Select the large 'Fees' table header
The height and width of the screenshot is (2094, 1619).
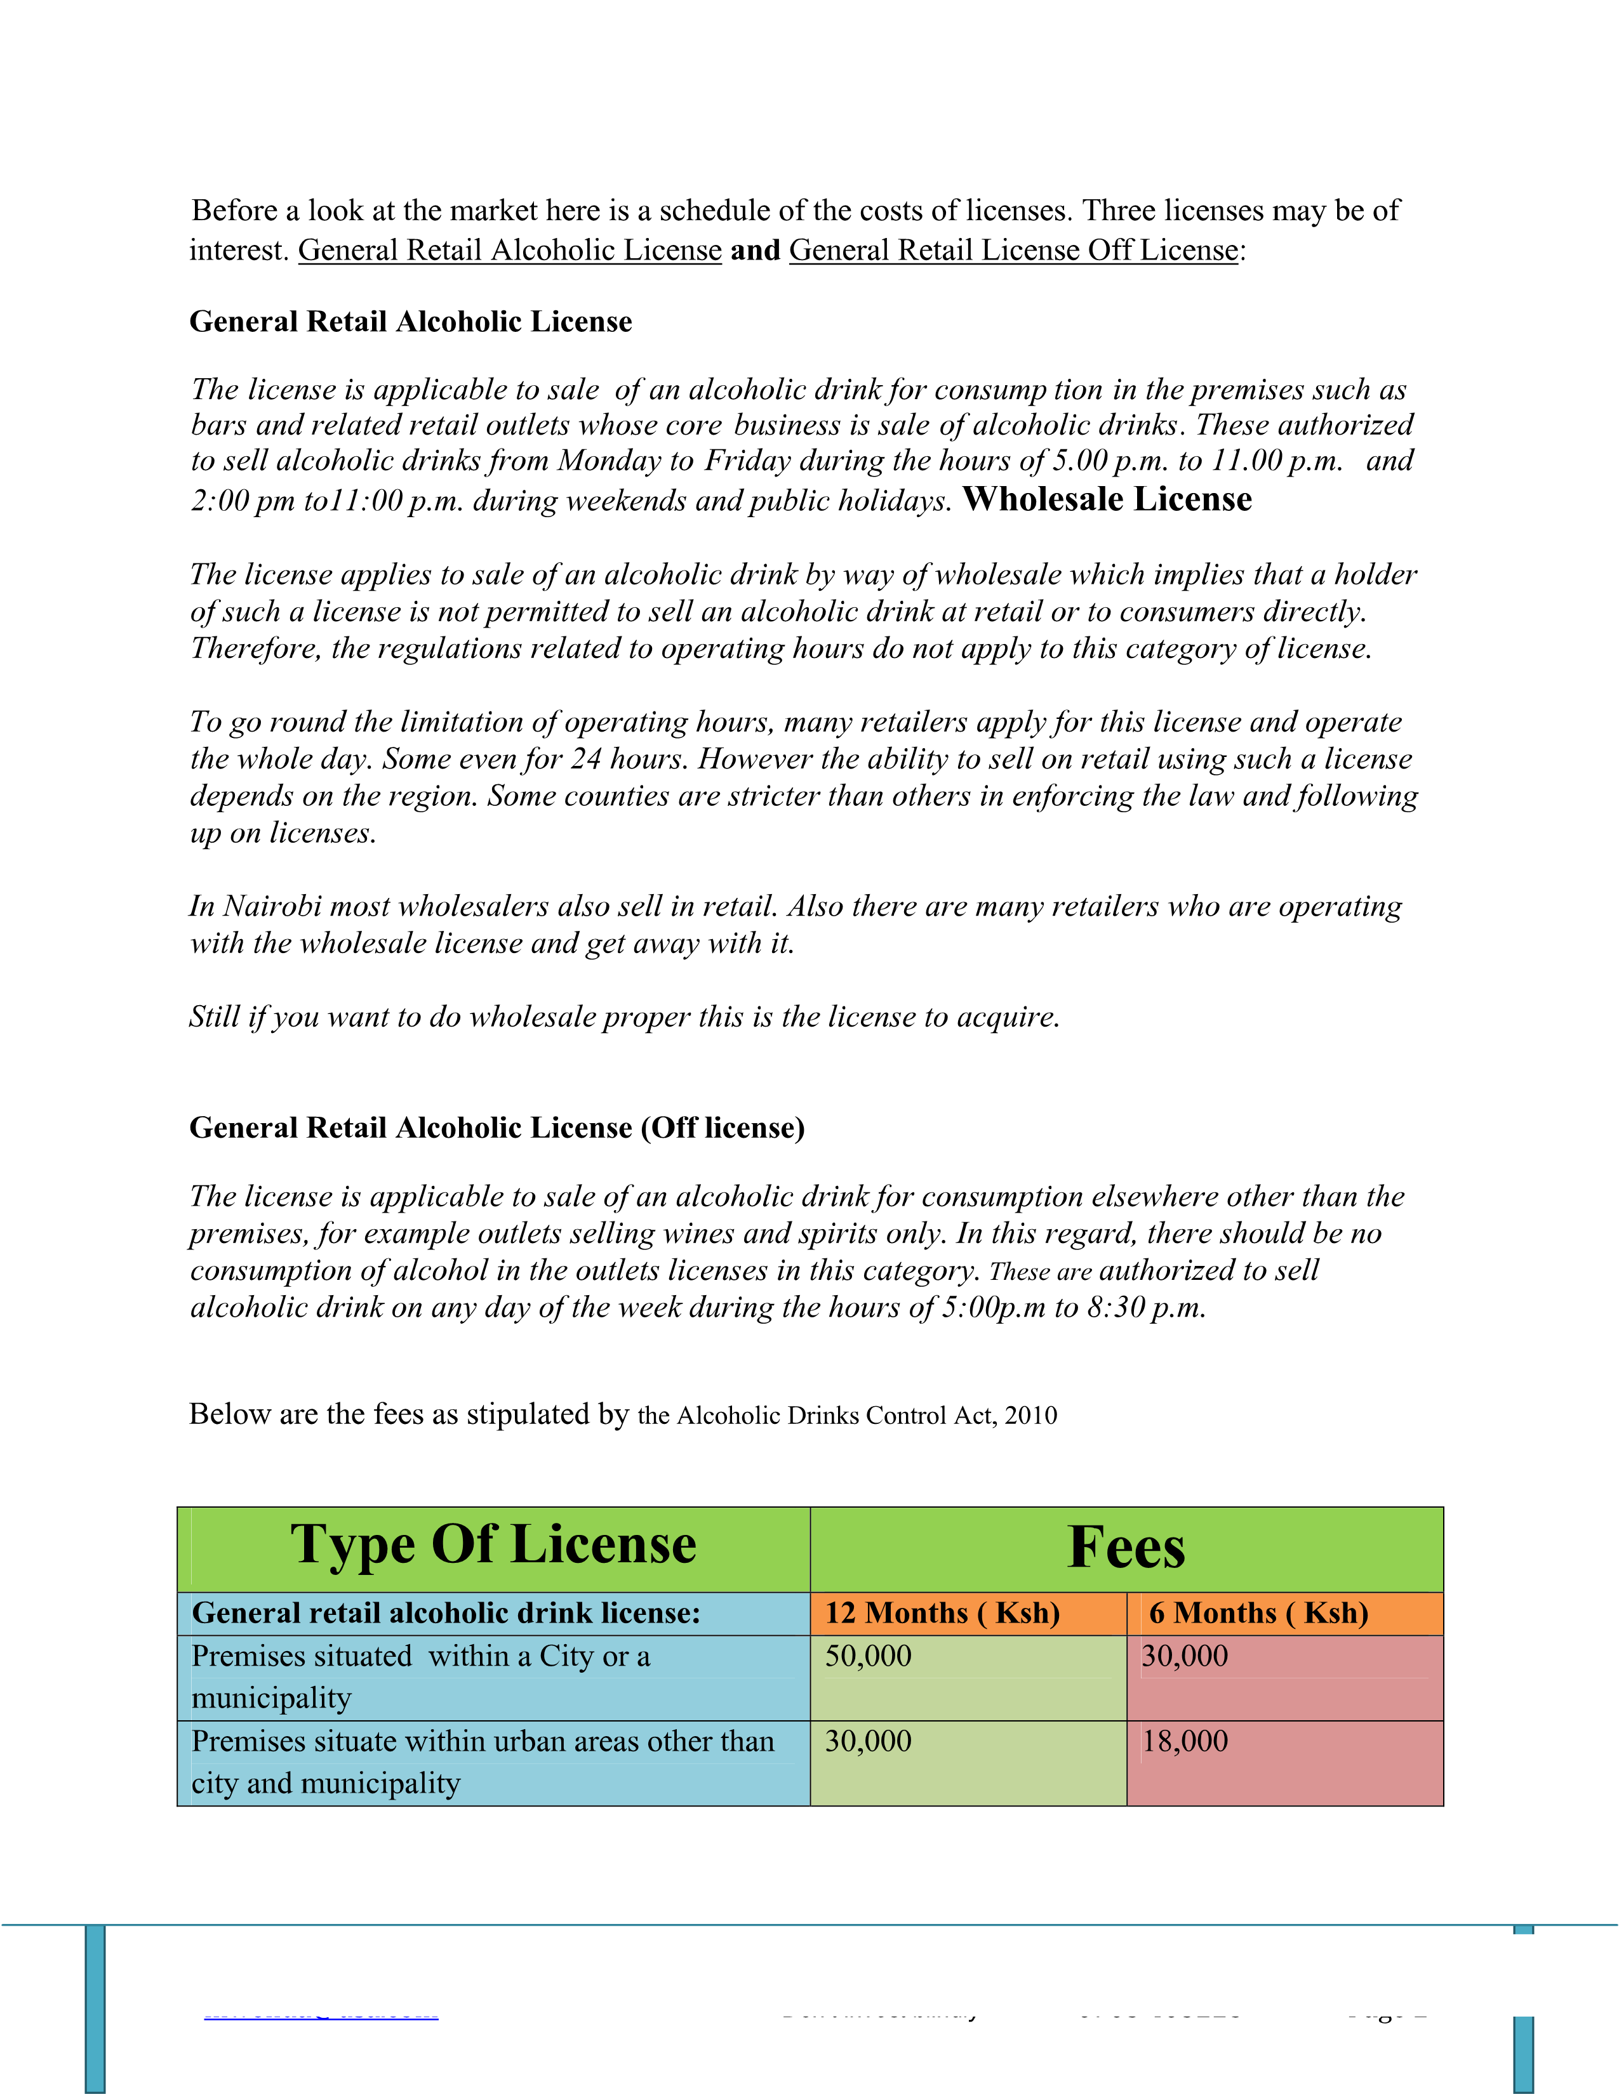click(x=1126, y=1548)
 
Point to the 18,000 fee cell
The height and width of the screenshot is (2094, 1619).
click(x=1185, y=1741)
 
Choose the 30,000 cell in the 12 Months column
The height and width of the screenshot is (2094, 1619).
click(x=868, y=1741)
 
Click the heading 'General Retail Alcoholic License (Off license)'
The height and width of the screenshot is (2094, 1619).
click(x=497, y=1128)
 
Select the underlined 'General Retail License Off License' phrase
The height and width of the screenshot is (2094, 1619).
click(x=1014, y=250)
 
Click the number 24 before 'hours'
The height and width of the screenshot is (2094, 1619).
click(x=586, y=760)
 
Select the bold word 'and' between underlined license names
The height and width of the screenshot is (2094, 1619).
click(x=755, y=250)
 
